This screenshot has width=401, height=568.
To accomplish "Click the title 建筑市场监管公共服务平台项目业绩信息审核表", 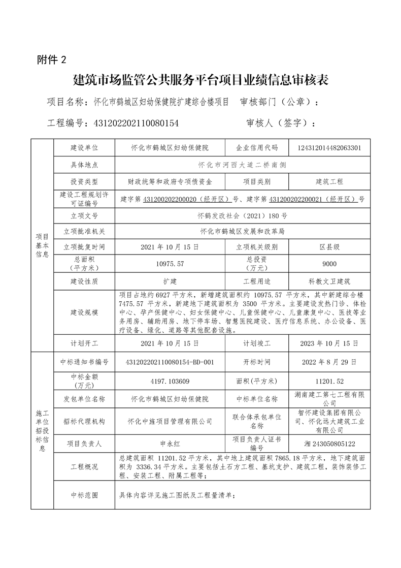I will pos(201,80).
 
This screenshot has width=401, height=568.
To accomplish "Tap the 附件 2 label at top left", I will pos(52,59).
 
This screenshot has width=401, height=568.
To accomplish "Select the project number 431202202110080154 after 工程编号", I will pos(133,123).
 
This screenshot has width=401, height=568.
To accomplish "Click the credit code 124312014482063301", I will pos(329,148).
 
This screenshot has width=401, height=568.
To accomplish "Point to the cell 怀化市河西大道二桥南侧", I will pos(242,165).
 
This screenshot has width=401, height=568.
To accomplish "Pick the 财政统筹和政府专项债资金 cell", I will pos(170,181).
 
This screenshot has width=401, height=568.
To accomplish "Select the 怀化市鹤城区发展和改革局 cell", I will pos(242,231).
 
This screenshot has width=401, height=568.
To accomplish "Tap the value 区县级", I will pos(329,247).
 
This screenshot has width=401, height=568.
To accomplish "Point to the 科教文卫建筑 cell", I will pos(329,280).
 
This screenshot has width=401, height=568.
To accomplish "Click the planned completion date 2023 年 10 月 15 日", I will pos(329,343).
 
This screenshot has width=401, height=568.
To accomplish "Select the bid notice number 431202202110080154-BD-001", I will pos(170,362).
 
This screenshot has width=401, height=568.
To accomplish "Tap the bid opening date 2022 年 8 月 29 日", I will pos(329,362).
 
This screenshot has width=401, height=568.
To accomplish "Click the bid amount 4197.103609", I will pos(170,381).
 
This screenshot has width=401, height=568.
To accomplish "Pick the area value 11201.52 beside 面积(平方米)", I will pos(329,381).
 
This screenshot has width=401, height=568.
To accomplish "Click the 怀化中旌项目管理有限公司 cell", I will pos(170,421).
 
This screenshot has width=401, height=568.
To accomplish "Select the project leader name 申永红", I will pos(170,444).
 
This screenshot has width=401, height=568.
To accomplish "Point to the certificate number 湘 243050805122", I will pos(329,444).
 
